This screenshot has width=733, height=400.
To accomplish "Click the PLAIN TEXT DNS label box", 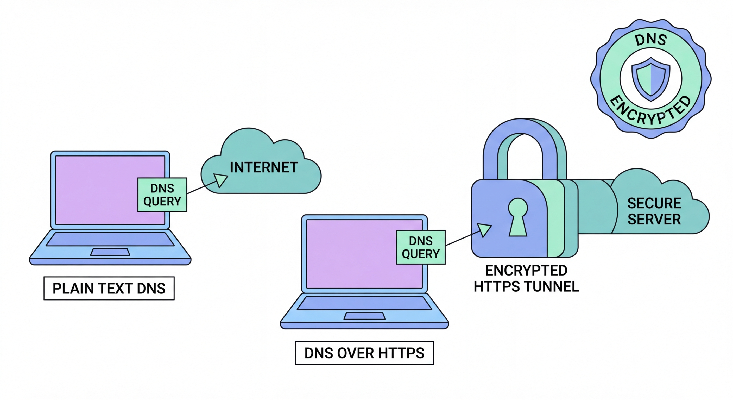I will (109, 288).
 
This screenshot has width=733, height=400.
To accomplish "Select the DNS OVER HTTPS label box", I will (364, 353).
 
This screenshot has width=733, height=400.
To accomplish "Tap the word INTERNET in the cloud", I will (264, 167).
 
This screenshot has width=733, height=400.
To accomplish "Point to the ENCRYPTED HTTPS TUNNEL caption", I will (526, 278).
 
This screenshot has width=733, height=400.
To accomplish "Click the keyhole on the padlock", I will (518, 216).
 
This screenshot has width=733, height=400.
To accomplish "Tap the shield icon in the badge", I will (651, 79).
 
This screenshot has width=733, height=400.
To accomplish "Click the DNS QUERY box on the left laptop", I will (162, 195).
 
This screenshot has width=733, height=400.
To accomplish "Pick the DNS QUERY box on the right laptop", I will (421, 247).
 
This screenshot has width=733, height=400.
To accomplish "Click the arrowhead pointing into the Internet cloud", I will (220, 180).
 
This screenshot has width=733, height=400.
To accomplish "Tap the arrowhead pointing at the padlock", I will (484, 229).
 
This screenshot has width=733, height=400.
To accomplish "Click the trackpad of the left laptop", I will (110, 252).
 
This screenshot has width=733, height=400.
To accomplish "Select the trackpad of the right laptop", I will (364, 316).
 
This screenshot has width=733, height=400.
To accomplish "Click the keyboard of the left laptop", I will (110, 239).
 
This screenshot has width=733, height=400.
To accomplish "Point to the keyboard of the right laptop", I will (364, 303).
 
